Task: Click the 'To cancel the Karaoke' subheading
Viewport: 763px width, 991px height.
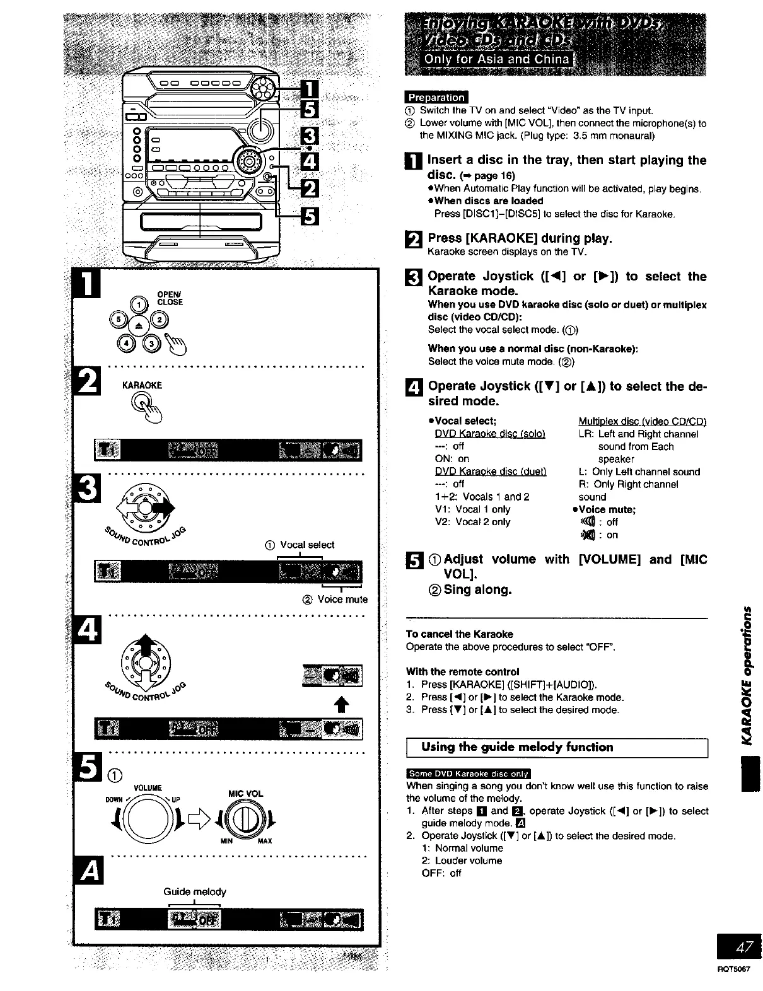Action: tap(460, 634)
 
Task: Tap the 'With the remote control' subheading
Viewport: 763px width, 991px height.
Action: tap(463, 671)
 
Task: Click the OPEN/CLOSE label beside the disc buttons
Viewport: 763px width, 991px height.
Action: tap(170, 298)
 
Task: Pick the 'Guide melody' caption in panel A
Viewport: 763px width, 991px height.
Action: tap(194, 891)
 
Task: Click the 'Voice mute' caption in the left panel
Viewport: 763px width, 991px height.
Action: tap(342, 599)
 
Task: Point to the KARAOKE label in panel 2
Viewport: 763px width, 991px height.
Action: tap(142, 385)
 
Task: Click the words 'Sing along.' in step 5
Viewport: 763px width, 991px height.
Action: tap(477, 589)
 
